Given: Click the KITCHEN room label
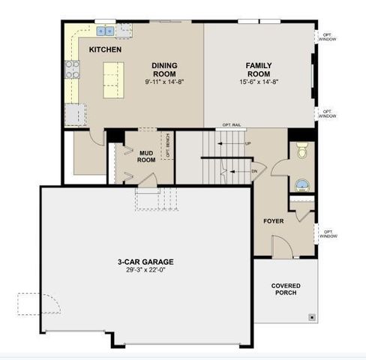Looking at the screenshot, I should [x=105, y=49].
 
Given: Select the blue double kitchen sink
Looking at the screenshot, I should [x=105, y=31].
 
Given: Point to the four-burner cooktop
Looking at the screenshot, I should [x=73, y=70].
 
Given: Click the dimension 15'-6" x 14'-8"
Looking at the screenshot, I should [x=259, y=82].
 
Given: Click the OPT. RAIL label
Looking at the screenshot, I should [x=232, y=124].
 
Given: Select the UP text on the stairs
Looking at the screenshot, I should [x=247, y=142].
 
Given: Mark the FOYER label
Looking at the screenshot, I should [x=273, y=221].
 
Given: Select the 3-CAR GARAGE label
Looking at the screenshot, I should [x=145, y=262].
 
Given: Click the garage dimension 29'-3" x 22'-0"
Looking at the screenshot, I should [x=145, y=271].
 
